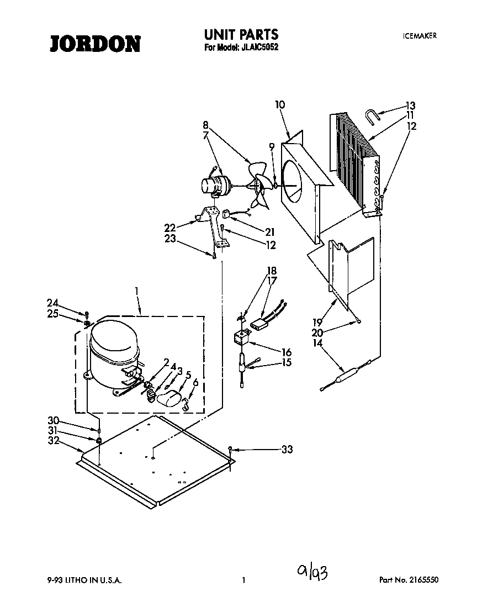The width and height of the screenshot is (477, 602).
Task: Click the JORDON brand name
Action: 96,43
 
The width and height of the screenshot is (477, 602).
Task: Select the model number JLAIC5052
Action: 259,47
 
